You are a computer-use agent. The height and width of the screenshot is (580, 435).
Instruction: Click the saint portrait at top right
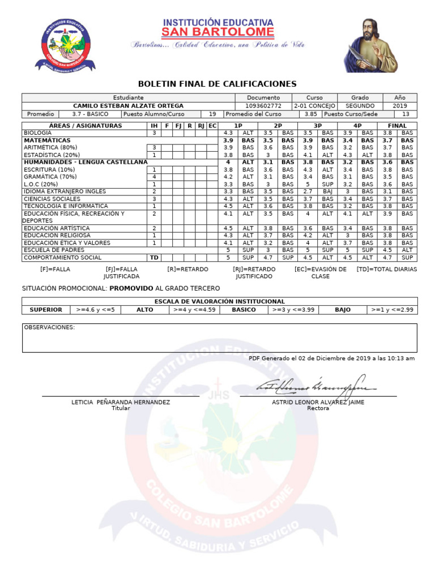pyautogui.click(x=371, y=45)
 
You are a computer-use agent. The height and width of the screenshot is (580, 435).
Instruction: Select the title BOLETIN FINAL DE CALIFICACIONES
pyautogui.click(x=217, y=84)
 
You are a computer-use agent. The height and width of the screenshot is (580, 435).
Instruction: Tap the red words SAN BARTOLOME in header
pyautogui.click(x=218, y=32)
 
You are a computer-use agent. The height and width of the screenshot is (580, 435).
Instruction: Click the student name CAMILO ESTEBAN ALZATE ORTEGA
pyautogui.click(x=129, y=106)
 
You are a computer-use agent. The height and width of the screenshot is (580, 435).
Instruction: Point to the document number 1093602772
pyautogui.click(x=263, y=106)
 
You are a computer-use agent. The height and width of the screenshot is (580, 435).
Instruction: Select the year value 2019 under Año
pyautogui.click(x=399, y=106)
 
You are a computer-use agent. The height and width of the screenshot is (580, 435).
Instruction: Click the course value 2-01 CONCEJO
pyautogui.click(x=314, y=106)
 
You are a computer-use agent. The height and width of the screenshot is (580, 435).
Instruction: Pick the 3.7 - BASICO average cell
pyautogui.click(x=90, y=114)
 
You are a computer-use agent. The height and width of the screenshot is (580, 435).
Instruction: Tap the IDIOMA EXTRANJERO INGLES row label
pyautogui.click(x=57, y=191)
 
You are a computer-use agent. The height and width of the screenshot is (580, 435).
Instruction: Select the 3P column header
pyautogui.click(x=317, y=126)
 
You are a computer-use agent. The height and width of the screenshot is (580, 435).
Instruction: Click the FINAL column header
pyautogui.click(x=396, y=126)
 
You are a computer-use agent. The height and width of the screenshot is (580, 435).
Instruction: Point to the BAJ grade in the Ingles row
pyautogui.click(x=327, y=191)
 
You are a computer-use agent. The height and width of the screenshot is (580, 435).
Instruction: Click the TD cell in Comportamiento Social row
pyautogui.click(x=153, y=257)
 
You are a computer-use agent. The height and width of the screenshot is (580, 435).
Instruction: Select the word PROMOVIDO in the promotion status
pyautogui.click(x=131, y=288)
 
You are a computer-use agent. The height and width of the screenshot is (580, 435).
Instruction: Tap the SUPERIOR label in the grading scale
pyautogui.click(x=46, y=310)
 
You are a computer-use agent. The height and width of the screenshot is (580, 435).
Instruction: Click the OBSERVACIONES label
pyautogui.click(x=49, y=327)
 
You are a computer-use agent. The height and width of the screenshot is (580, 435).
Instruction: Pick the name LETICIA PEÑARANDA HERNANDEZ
pyautogui.click(x=121, y=402)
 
